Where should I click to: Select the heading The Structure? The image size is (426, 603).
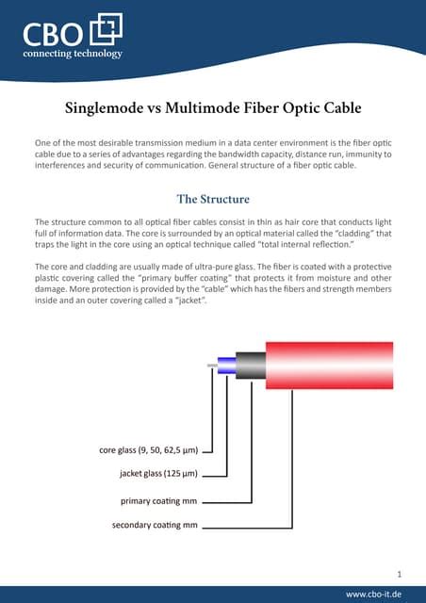[x=212, y=199]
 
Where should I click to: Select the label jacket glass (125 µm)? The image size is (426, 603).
[x=158, y=474]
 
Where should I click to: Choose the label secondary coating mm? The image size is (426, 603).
[x=154, y=524]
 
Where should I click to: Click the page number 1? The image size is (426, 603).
[x=400, y=572]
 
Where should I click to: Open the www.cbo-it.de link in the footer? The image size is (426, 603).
[x=375, y=594]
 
